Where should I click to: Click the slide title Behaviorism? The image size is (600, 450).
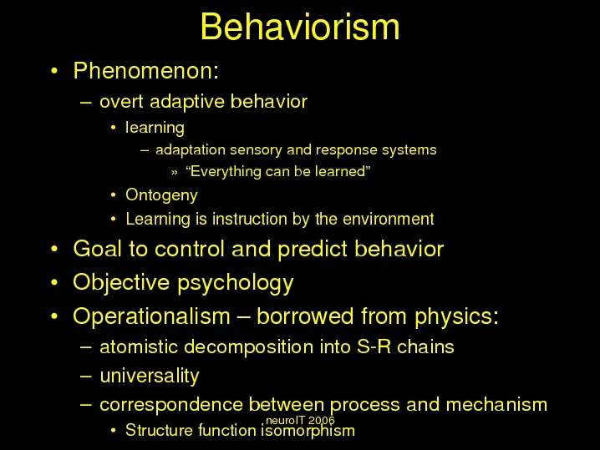tap(300, 27)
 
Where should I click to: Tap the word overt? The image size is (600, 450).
tap(122, 102)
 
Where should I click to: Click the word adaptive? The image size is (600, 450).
tap(186, 102)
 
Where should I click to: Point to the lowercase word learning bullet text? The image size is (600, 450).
tap(155, 128)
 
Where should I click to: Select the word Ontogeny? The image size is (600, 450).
tap(161, 195)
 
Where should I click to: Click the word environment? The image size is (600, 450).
tap(389, 219)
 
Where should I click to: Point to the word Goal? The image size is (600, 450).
tap(97, 249)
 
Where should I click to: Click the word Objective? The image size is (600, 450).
tap(121, 283)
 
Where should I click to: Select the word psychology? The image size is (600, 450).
tap(236, 283)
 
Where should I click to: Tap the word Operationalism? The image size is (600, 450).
tap(151, 316)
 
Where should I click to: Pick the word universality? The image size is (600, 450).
tap(150, 376)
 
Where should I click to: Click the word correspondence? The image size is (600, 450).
tap(171, 405)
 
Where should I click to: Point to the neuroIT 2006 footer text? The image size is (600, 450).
tap(300, 421)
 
